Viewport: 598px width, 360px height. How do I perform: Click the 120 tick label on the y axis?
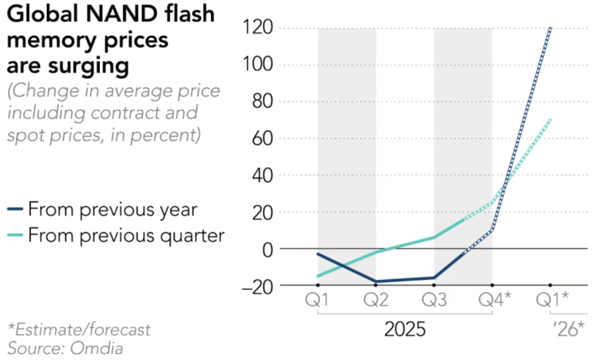pyautogui.click(x=257, y=28)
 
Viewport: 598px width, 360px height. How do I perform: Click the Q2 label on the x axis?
pyautogui.click(x=376, y=300)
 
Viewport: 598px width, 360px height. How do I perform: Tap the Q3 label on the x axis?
pyautogui.click(x=434, y=300)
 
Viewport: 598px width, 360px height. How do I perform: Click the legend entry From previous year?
pyautogui.click(x=112, y=209)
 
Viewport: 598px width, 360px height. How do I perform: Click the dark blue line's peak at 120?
pyautogui.click(x=550, y=28)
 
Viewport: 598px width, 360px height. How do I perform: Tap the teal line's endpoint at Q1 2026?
pyautogui.click(x=550, y=120)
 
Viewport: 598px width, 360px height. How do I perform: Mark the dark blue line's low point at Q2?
pyautogui.click(x=376, y=282)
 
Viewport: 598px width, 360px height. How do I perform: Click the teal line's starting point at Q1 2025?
pyautogui.click(x=318, y=276)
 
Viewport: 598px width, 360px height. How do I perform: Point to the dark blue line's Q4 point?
pyautogui.click(x=492, y=230)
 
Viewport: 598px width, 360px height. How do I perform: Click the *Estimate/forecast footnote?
pyautogui.click(x=79, y=329)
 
